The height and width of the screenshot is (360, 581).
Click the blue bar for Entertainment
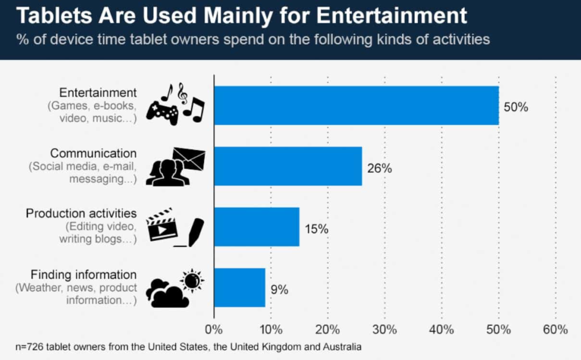coord(356,106)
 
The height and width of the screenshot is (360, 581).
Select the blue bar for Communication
coord(288,166)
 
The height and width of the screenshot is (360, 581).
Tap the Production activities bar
coord(256,227)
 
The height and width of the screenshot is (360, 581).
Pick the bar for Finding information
coord(239,287)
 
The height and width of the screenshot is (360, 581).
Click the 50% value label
coord(516,107)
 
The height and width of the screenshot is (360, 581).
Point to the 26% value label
coord(380,169)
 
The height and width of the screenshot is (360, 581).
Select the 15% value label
coord(317,229)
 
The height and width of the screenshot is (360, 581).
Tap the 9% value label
coord(279,290)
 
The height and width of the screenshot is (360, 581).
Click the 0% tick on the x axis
coord(213,329)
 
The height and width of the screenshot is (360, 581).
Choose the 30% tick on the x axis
coord(385,329)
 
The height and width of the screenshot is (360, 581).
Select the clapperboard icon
coord(162,225)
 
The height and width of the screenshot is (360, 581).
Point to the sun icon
coord(192,280)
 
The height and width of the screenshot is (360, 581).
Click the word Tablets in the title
coord(49,16)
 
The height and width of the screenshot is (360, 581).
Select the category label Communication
coord(93,153)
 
